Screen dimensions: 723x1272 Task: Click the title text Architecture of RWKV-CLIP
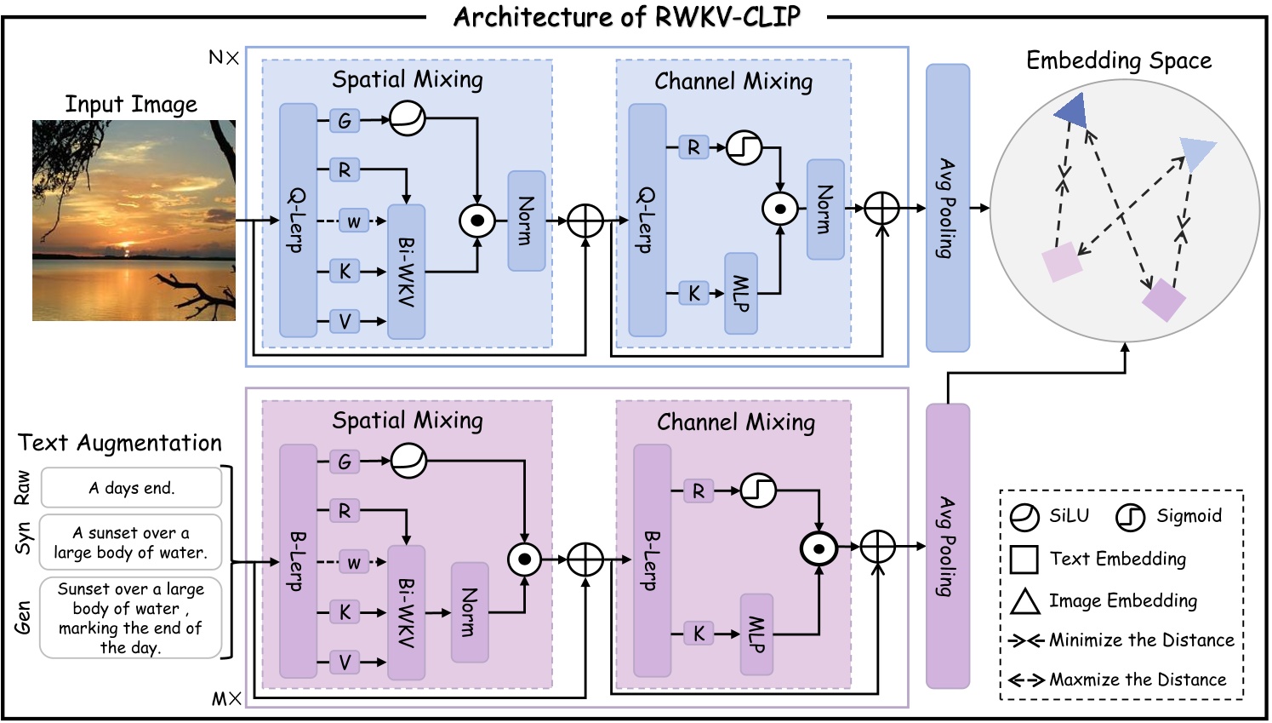(626, 17)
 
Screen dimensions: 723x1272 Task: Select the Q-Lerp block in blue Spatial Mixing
(298, 221)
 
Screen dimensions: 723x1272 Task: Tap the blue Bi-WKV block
(406, 272)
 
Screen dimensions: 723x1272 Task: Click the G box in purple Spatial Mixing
(345, 462)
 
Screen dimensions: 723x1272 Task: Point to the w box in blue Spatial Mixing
(354, 221)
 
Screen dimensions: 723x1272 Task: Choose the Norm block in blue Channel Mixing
(824, 209)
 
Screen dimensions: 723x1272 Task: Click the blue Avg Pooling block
(947, 208)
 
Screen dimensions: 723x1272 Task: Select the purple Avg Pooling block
(947, 546)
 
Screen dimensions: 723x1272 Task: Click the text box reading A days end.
(132, 488)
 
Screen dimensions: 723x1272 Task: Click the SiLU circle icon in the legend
(1024, 517)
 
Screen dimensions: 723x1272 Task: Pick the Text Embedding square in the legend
(1024, 559)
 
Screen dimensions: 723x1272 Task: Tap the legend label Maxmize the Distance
(1138, 680)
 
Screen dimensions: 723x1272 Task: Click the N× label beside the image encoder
(224, 58)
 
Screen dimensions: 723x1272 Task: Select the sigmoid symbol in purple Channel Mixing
(758, 491)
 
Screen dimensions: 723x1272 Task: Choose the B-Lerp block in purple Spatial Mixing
(298, 561)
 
